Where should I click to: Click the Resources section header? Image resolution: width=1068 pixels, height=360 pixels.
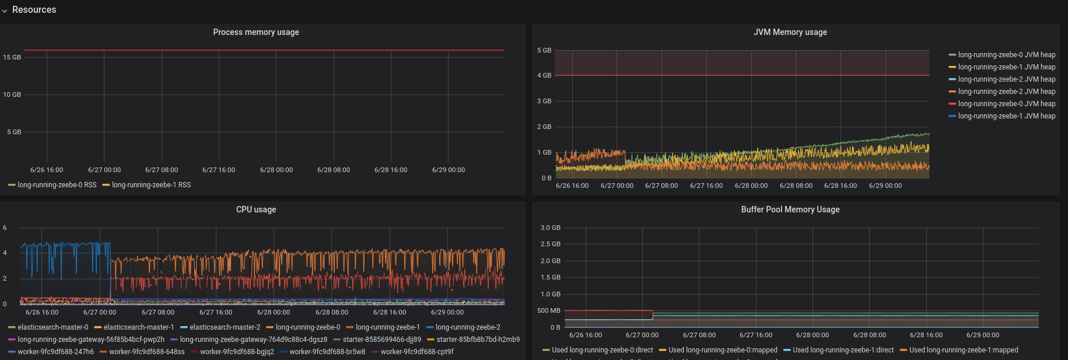[34, 10]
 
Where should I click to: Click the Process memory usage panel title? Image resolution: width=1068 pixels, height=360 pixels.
[255, 32]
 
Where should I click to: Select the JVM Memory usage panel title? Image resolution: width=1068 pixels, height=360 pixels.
[790, 32]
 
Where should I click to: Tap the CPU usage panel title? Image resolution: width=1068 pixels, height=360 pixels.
[255, 209]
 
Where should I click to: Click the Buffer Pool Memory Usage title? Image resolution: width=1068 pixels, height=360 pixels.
[790, 209]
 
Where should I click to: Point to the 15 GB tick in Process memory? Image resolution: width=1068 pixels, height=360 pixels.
[12, 57]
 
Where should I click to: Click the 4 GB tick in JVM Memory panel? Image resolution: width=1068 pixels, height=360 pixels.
[544, 75]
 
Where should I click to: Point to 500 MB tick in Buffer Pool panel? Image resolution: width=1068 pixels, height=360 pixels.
[548, 310]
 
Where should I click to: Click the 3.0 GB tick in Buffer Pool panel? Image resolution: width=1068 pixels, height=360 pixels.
[550, 228]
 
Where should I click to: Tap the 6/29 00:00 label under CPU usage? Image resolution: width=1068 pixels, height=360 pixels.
[447, 312]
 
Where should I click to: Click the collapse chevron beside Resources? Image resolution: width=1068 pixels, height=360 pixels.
[5, 11]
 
